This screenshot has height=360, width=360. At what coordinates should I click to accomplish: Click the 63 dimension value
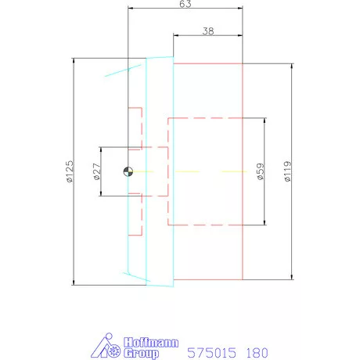185,4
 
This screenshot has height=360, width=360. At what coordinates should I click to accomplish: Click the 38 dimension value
208,31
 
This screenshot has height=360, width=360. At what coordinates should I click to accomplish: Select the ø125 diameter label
70,171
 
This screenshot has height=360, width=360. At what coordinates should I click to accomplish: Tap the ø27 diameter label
96,171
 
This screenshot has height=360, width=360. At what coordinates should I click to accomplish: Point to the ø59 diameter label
261,171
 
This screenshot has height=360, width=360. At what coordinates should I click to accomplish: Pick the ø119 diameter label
287,171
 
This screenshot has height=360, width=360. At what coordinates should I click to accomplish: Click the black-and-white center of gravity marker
128,171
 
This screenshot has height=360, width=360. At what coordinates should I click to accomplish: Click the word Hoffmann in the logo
151,342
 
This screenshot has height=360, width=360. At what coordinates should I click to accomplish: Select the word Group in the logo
141,354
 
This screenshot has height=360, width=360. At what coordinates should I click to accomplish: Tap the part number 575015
211,353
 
